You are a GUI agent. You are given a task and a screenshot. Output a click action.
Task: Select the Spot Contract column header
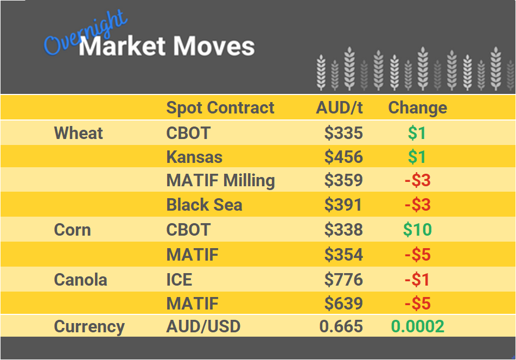click(220, 108)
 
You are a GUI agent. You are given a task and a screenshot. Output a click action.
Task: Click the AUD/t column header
click(339, 108)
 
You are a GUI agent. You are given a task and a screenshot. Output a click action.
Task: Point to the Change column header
click(417, 108)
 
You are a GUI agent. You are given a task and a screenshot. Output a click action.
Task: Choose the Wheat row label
click(78, 133)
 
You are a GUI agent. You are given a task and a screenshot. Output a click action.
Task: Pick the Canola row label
click(80, 280)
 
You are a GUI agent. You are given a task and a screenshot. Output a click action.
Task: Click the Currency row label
click(89, 326)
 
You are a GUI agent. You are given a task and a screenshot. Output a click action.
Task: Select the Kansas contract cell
click(194, 157)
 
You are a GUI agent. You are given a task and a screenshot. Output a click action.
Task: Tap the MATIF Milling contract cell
click(220, 180)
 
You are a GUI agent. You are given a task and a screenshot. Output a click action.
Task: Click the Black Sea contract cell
click(204, 205)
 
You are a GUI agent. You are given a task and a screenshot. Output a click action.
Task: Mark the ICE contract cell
click(179, 280)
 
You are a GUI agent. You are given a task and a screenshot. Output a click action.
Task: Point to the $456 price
click(343, 157)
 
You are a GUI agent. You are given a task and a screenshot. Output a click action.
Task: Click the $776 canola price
click(343, 280)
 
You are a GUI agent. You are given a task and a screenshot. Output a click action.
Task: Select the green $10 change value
click(417, 230)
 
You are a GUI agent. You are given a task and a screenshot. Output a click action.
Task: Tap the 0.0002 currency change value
click(417, 326)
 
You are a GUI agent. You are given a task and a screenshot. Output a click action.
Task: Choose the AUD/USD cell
click(203, 326)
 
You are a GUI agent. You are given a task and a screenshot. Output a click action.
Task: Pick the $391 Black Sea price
click(343, 205)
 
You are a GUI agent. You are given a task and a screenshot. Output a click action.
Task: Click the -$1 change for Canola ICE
click(417, 280)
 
